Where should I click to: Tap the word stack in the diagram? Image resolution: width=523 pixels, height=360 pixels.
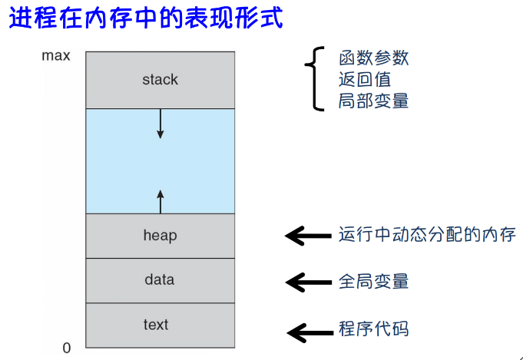pyautogui.click(x=160, y=80)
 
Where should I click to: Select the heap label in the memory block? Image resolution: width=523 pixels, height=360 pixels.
pyautogui.click(x=160, y=236)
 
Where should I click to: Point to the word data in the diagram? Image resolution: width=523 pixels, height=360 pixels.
pyautogui.click(x=160, y=279)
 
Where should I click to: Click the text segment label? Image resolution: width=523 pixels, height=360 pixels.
pyautogui.click(x=156, y=325)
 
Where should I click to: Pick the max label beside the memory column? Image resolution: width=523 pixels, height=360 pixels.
pyautogui.click(x=56, y=56)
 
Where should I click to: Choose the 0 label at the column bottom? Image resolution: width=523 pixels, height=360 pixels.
pyautogui.click(x=67, y=348)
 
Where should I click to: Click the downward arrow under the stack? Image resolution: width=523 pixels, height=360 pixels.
pyautogui.click(x=160, y=124)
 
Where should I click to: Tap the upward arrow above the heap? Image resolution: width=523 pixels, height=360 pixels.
pyautogui.click(x=161, y=202)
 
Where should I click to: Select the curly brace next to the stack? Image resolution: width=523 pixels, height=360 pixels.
pyautogui.click(x=313, y=78)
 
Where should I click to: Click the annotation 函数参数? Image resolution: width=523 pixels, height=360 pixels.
pyautogui.click(x=373, y=58)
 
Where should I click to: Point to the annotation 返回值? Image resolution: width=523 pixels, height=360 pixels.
pyautogui.click(x=365, y=79)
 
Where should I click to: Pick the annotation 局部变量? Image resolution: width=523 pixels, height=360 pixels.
pyautogui.click(x=373, y=101)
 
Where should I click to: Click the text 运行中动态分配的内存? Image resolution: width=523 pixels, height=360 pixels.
pyautogui.click(x=428, y=234)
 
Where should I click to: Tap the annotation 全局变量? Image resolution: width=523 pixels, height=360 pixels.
pyautogui.click(x=373, y=282)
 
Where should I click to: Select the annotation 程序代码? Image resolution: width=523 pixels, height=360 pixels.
pyautogui.click(x=373, y=329)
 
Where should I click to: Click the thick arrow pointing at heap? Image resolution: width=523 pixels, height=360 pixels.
pyautogui.click(x=308, y=236)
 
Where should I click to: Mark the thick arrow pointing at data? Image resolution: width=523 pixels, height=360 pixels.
pyautogui.click(x=309, y=282)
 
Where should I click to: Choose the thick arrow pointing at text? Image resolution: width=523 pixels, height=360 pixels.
pyautogui.click(x=310, y=332)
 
